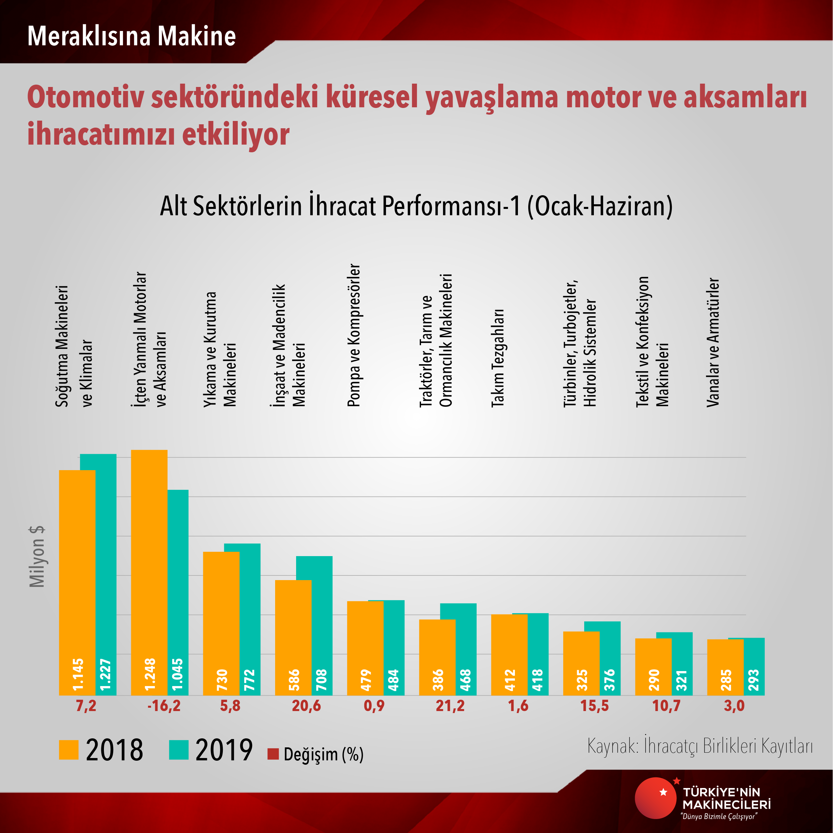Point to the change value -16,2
pos(164,706)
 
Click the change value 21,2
pos(450,706)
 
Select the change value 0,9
pos(374,706)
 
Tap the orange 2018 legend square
pos(69,750)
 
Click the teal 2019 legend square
pos(179,750)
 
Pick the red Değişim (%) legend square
pos(273,754)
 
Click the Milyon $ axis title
pos(37,556)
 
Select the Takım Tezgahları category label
pos(498,358)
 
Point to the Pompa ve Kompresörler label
pos(354,336)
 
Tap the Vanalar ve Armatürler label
pos(713,342)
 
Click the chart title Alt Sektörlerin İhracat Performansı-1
pos(416,206)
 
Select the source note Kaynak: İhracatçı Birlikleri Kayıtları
pos(700,746)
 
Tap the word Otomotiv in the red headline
pos(85,97)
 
